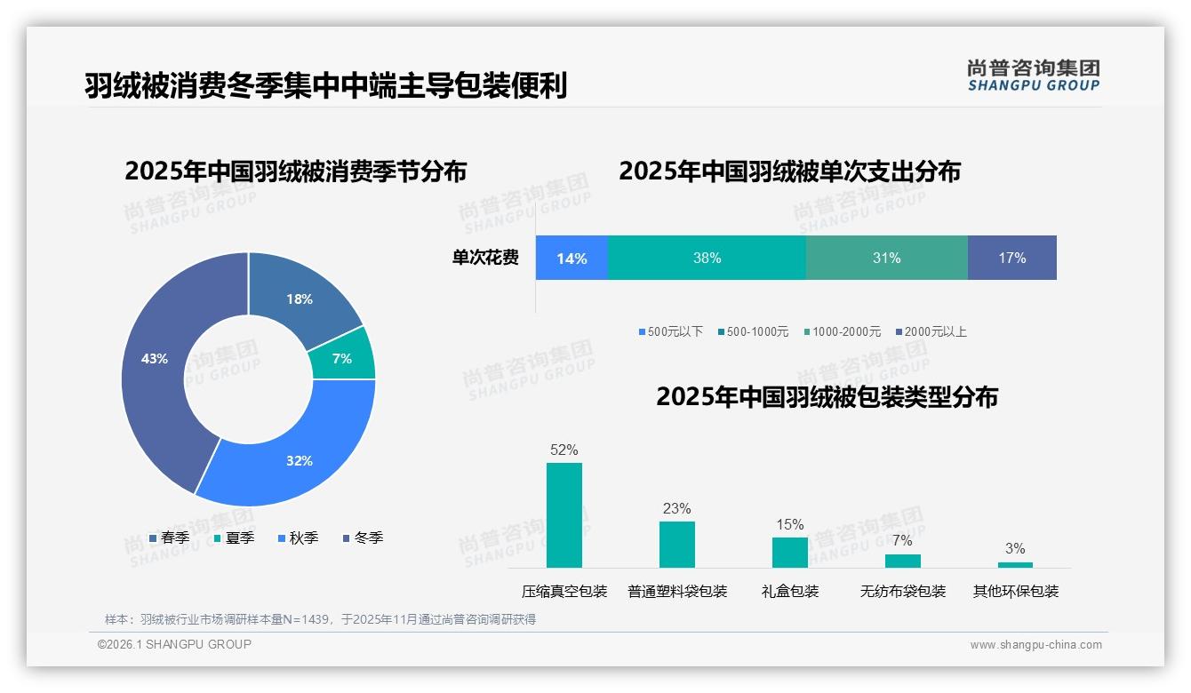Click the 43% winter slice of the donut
pos(156,360)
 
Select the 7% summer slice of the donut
pos(343,357)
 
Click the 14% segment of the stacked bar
pos(572,258)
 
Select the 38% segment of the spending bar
pos(707,258)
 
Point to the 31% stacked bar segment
pos(886,258)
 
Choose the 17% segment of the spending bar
pos(1011,258)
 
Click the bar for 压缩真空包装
pos(564,515)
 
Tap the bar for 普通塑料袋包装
pos(677,545)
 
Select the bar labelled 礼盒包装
pos(790,553)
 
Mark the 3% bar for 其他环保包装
pos(1015,564)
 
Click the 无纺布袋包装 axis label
pos(903,592)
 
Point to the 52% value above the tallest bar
pos(564,450)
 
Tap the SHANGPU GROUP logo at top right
pos(1033,76)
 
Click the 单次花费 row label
pos(485,258)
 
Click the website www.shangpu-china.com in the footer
pos(1035,645)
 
